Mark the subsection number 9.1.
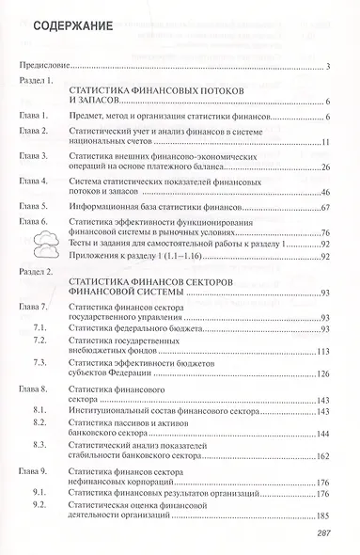40,491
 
